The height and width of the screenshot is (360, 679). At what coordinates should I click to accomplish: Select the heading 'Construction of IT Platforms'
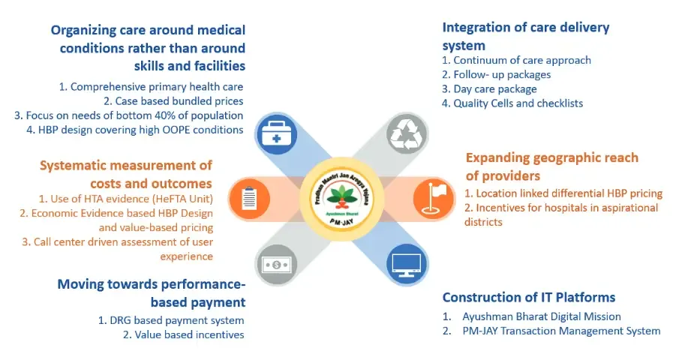point(529,297)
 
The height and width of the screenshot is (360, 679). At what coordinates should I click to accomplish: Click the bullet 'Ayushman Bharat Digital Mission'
point(541,316)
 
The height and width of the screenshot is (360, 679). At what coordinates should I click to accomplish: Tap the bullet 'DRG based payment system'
point(171,320)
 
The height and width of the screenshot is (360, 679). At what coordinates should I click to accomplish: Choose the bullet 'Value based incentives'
point(183,334)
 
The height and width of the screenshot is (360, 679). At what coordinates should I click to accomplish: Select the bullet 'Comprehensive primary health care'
point(152,87)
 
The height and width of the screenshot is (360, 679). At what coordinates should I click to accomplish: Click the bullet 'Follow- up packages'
point(496,74)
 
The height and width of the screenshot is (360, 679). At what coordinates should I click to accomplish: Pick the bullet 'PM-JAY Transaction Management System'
point(560,331)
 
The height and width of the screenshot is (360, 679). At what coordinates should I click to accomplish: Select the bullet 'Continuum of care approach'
point(516,60)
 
